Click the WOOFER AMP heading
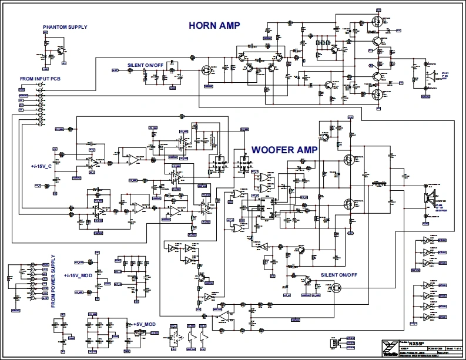tap(284, 150)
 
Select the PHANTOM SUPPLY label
tap(65, 27)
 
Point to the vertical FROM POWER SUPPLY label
tap(53, 281)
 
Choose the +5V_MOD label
tap(143, 324)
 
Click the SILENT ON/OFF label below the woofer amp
tap(339, 275)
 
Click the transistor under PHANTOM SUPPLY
tap(61, 52)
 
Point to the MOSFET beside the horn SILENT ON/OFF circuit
tap(207, 71)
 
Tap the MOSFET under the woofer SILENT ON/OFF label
tap(336, 288)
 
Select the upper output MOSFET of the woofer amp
tap(349, 158)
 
